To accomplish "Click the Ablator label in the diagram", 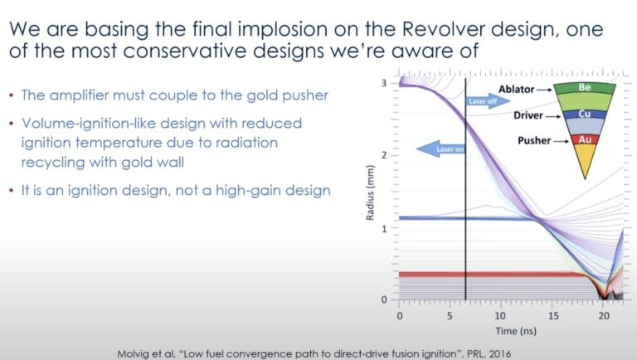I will (512, 85).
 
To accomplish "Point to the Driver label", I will (513, 114).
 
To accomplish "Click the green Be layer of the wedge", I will (584, 86).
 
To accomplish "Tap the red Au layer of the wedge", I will (584, 140).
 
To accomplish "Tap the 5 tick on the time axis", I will (450, 316).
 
